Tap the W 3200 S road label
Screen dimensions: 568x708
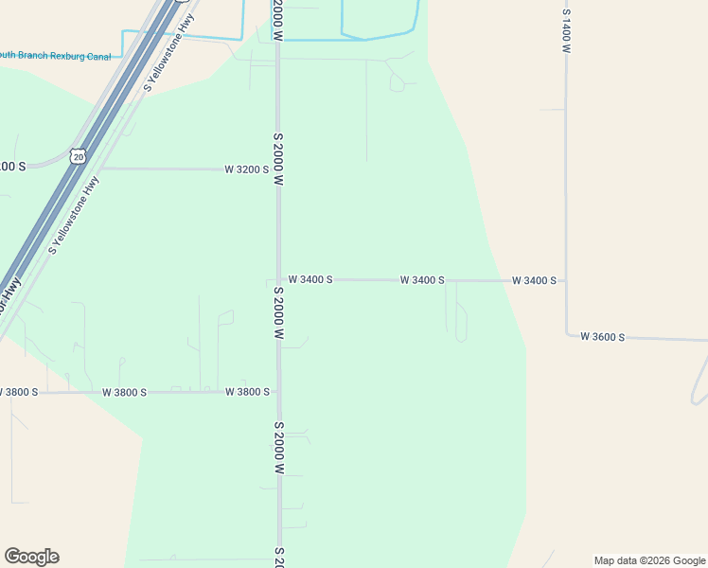pos(246,169)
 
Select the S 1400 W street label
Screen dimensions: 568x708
pos(566,31)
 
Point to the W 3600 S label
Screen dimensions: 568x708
pos(603,336)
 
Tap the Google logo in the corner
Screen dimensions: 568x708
pos(31,557)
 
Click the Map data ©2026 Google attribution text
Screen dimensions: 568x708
pos(649,560)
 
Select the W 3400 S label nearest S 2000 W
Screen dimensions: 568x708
pos(310,280)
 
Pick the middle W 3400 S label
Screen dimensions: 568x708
pos(422,280)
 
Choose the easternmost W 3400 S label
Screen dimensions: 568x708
pos(534,280)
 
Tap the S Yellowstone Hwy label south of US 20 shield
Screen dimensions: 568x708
pos(74,216)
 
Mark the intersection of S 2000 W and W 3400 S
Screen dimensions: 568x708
pos(278,280)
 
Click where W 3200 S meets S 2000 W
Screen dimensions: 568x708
pos(278,169)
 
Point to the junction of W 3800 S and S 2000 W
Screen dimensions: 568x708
pos(278,391)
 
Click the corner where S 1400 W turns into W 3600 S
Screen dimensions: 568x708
pos(566,334)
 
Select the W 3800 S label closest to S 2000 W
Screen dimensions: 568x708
pos(247,391)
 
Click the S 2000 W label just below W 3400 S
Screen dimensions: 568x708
pos(278,313)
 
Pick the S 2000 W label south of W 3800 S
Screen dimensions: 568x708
pos(278,448)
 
